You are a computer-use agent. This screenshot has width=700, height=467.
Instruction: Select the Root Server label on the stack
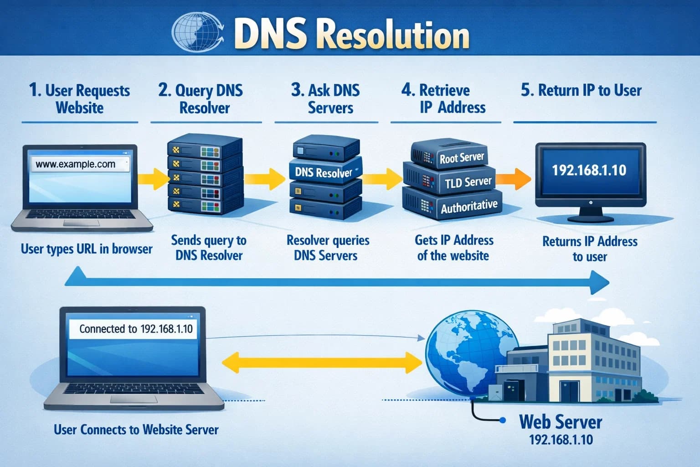(x=461, y=158)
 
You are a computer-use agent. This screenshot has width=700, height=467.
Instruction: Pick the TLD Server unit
(x=468, y=182)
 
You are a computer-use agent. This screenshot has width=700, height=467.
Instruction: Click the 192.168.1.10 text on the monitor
(x=589, y=170)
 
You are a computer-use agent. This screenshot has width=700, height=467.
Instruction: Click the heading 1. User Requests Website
(x=79, y=99)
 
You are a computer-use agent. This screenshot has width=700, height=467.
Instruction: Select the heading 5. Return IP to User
(x=581, y=90)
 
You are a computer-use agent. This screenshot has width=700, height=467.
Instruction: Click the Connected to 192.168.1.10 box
(x=135, y=329)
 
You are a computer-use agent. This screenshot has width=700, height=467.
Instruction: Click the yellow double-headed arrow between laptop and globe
(x=322, y=363)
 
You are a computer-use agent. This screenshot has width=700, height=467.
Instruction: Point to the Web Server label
(x=560, y=422)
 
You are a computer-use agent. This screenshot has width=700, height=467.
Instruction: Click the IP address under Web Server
(x=561, y=440)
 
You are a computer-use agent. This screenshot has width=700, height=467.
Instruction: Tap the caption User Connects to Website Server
(x=136, y=430)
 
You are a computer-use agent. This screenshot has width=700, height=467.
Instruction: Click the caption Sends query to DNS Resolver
(x=209, y=248)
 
